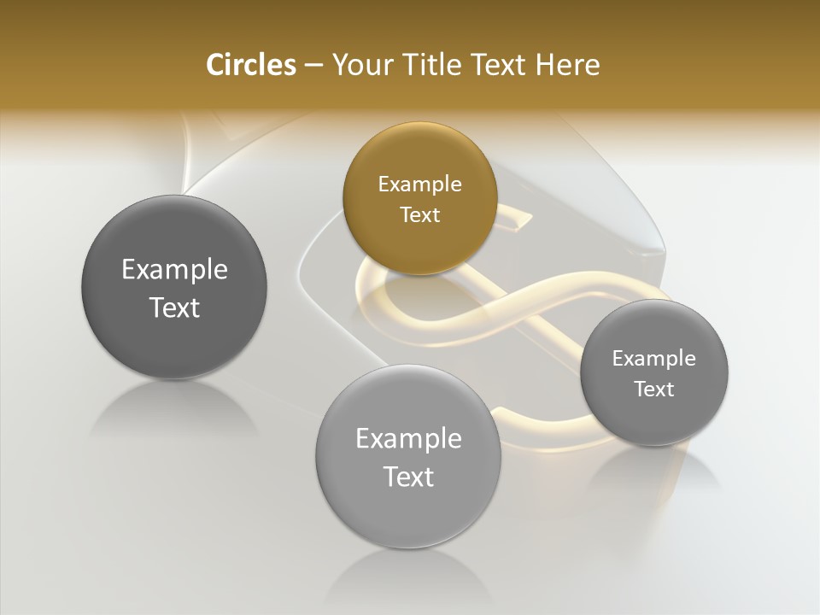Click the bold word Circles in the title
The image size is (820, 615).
point(251,65)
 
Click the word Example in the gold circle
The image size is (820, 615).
point(419,184)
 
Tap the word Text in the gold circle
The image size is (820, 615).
point(419,214)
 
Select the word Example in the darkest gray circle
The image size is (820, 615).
point(174,269)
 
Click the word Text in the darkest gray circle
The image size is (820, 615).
point(174,307)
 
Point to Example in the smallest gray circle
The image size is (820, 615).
point(653,358)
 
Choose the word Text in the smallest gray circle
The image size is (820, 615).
point(653,389)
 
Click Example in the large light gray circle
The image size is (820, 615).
point(408,438)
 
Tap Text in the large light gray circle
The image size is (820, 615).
point(408,477)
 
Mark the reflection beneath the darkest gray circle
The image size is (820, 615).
point(174,410)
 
